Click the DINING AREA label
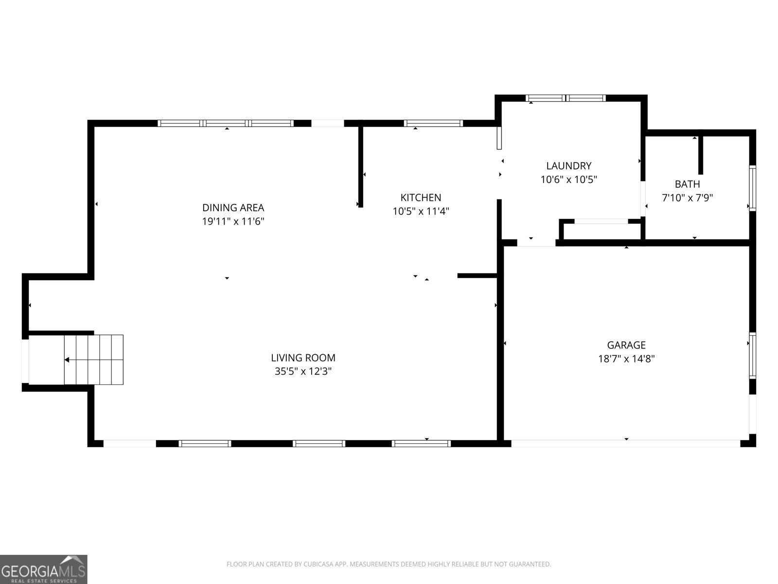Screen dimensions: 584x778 (233, 208)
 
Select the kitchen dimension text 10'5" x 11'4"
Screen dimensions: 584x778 (421, 212)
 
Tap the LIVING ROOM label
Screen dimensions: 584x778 (303, 358)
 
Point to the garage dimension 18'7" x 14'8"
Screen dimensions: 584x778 (626, 359)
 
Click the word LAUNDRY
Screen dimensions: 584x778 (568, 166)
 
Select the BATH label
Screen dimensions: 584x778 (687, 184)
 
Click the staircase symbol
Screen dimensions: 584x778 (94, 360)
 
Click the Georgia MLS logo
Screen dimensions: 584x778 (44, 569)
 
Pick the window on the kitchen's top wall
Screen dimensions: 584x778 (433, 123)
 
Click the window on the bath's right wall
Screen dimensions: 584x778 (752, 188)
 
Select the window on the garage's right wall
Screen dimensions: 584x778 (752, 356)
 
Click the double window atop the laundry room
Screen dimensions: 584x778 (566, 98)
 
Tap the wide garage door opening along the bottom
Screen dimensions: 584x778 (626, 443)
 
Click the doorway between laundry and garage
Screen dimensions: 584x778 (536, 242)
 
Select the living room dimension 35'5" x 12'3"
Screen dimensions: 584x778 (303, 371)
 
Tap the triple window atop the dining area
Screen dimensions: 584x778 (226, 123)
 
